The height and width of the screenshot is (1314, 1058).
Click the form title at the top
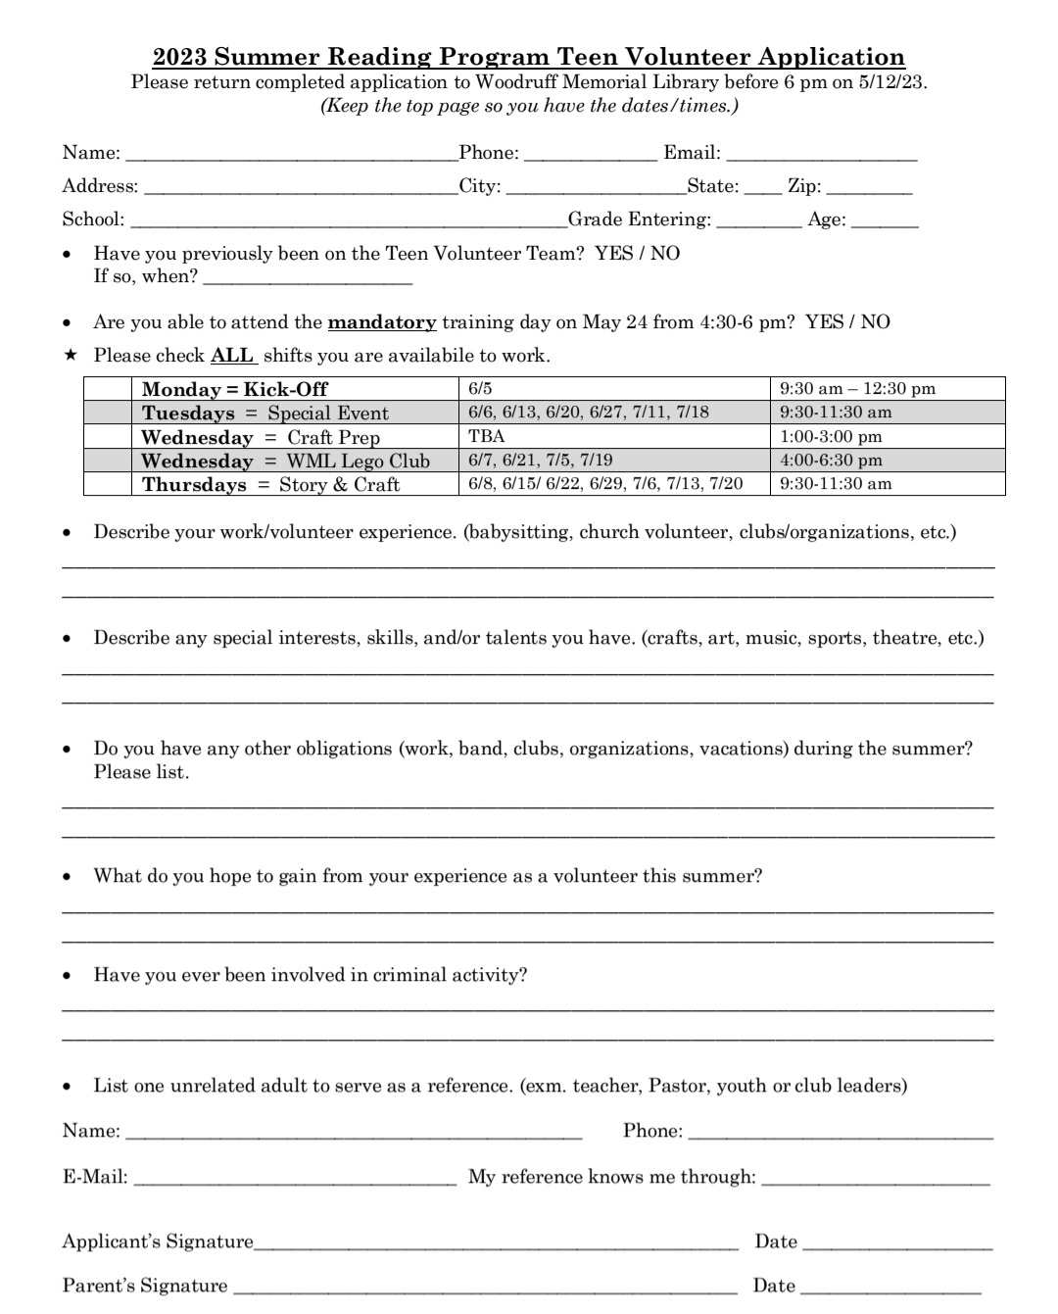[529, 57]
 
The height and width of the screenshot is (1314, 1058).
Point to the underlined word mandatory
[382, 322]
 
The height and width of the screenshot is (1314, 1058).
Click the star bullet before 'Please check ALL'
[70, 355]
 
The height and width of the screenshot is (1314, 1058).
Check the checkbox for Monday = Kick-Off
[108, 389]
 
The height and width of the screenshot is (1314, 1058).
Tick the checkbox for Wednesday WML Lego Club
[108, 461]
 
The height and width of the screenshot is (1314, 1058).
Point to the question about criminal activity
[310, 975]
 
